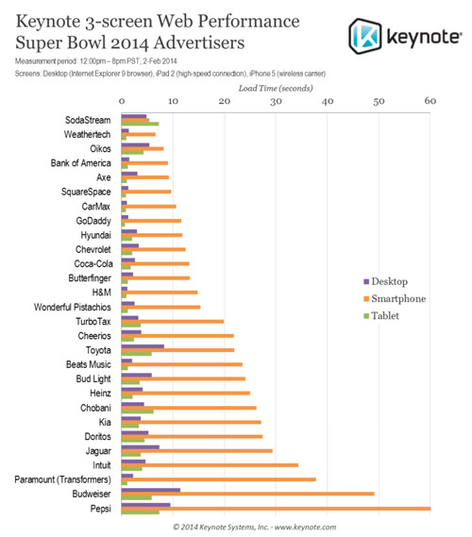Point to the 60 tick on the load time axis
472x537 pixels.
430,100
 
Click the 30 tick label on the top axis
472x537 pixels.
276,100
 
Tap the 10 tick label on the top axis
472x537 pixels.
173,100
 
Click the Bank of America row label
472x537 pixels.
82,162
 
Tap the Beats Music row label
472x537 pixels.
89,363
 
